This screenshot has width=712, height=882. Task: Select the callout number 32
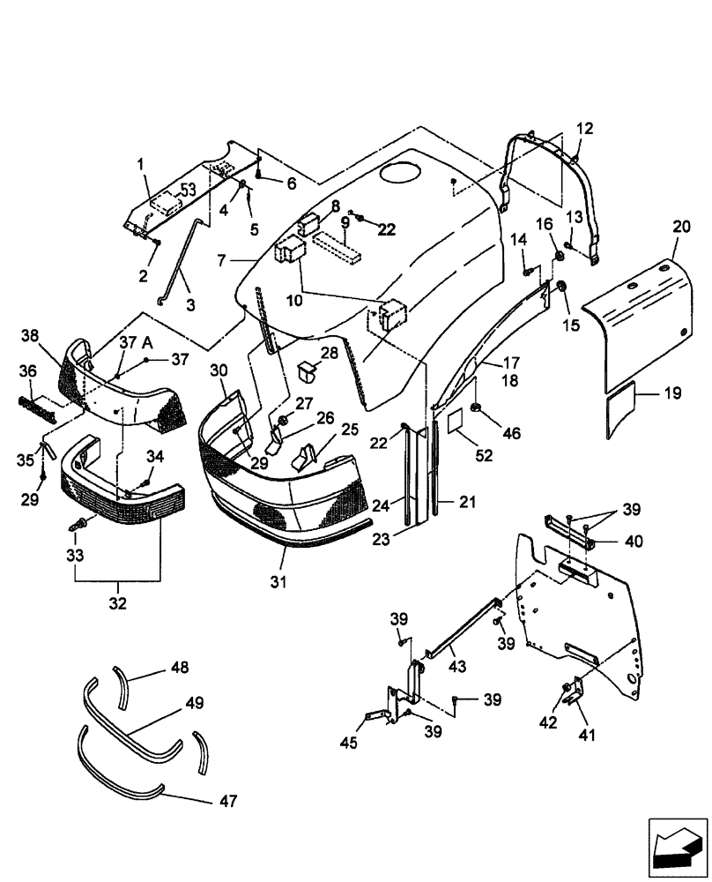point(117,604)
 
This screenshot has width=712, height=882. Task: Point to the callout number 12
point(585,129)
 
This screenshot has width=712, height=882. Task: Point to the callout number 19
point(672,394)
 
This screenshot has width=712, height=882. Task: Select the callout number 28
point(330,354)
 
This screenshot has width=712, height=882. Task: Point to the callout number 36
point(27,371)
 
